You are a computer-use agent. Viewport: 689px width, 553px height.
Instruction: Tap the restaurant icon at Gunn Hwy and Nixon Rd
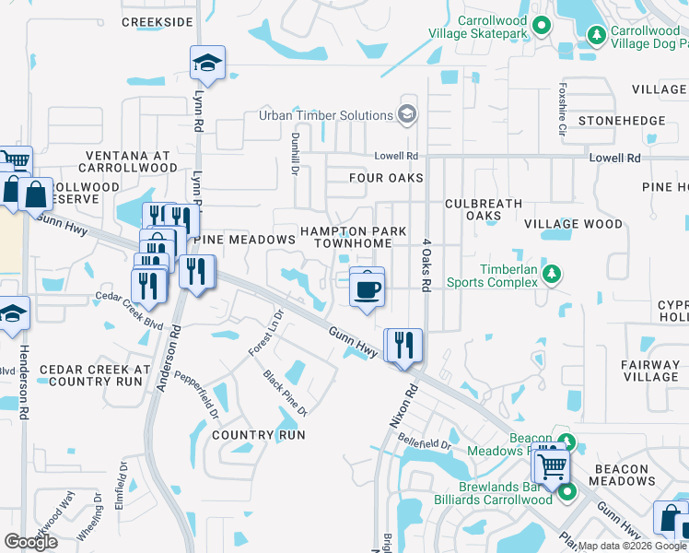click(x=403, y=346)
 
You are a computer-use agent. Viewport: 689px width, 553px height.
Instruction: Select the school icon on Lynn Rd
click(x=207, y=64)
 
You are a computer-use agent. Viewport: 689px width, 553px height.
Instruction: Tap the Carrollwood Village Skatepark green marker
click(x=542, y=26)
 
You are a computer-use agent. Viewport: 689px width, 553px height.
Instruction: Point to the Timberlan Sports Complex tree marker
click(x=552, y=273)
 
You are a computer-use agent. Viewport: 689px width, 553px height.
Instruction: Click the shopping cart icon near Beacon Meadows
click(x=552, y=467)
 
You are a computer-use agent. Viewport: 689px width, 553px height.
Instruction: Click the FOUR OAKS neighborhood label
click(x=386, y=178)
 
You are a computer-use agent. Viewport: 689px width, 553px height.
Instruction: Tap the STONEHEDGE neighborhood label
click(x=621, y=121)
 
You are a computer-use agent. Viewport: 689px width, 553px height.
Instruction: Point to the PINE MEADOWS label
click(x=244, y=240)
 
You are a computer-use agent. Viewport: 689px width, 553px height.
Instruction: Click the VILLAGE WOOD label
click(x=573, y=224)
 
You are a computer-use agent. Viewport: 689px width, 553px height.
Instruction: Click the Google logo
click(x=31, y=542)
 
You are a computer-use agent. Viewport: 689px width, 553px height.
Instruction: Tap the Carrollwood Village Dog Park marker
click(x=597, y=35)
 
